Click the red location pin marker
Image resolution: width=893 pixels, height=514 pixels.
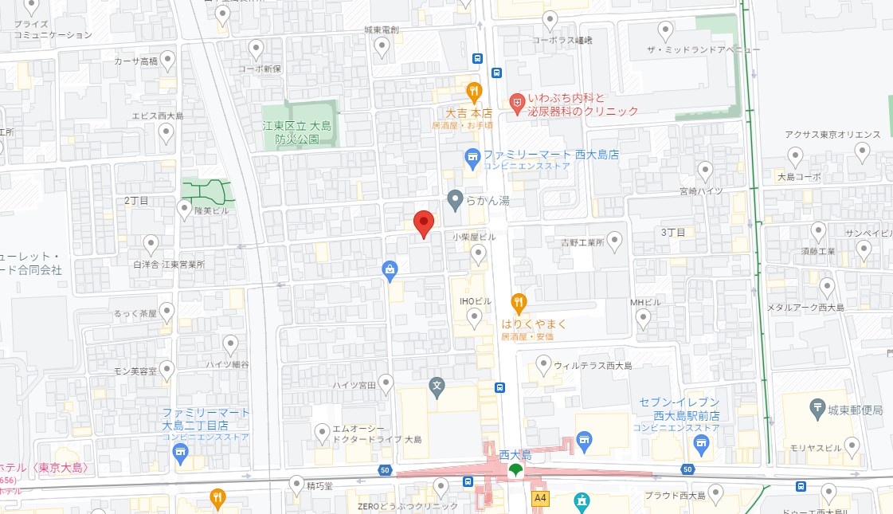(x=424, y=222)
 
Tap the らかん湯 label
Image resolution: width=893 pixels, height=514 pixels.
(x=488, y=201)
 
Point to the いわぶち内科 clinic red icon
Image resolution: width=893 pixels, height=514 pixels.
(x=516, y=102)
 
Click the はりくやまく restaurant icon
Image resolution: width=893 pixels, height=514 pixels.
(x=519, y=302)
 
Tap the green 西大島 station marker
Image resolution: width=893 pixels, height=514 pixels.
(x=515, y=470)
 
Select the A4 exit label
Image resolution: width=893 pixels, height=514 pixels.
(x=541, y=498)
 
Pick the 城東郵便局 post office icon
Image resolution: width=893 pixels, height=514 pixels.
(x=818, y=410)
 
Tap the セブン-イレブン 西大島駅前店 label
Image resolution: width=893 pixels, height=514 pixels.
(x=680, y=408)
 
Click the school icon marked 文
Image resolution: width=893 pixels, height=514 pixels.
(x=437, y=388)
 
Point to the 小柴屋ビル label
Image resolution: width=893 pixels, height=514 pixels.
(x=474, y=237)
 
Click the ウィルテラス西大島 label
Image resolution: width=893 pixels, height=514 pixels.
(x=593, y=366)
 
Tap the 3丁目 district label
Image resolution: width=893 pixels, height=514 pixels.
(x=673, y=232)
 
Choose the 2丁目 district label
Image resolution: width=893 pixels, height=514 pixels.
(x=136, y=201)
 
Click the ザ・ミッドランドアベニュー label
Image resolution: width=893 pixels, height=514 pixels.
(x=705, y=50)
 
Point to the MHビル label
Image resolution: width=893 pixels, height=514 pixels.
(x=645, y=303)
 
